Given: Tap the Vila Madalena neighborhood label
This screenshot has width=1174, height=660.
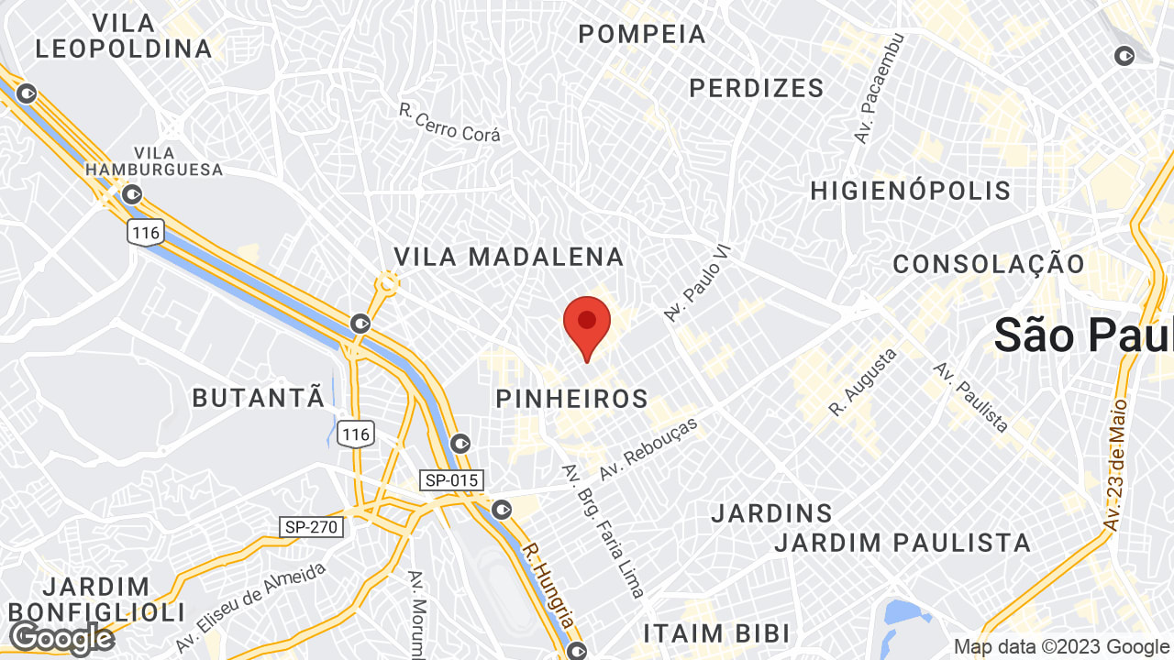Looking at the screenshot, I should (x=509, y=257).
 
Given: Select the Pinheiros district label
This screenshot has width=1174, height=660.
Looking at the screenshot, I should (x=571, y=400).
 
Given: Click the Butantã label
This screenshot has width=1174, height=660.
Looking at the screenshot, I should (x=259, y=398).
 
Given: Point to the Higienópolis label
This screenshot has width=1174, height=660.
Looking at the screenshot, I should (x=910, y=191).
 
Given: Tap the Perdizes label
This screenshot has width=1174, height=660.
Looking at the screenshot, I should (x=757, y=88).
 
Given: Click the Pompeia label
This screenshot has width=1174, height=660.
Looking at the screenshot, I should (x=642, y=35).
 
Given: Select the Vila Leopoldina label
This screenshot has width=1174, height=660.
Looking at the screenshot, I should (x=124, y=36).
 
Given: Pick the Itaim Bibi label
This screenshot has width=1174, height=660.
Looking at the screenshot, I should (x=716, y=633).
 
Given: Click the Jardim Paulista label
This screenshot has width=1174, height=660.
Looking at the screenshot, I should (x=903, y=543).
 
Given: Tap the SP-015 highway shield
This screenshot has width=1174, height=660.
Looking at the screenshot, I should (x=451, y=480).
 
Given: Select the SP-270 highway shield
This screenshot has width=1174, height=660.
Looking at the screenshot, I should (x=312, y=527).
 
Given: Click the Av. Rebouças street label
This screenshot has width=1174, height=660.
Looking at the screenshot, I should (x=648, y=449).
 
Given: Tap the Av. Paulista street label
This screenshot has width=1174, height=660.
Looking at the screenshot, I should (x=971, y=397).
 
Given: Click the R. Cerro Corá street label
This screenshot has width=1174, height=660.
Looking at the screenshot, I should (x=449, y=123).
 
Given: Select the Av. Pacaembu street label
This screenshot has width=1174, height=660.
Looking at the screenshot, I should (x=880, y=89).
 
